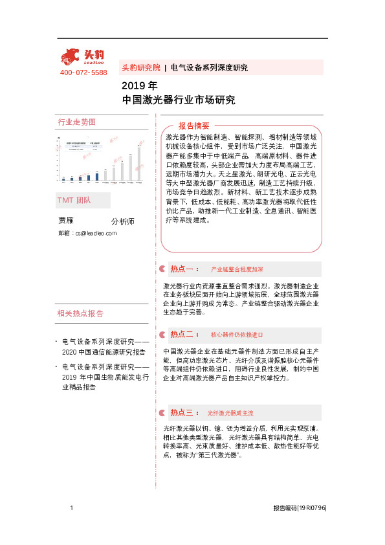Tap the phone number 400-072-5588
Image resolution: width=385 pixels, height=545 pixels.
83,72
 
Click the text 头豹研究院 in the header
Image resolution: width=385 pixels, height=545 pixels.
140,67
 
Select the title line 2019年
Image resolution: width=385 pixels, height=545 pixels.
139,86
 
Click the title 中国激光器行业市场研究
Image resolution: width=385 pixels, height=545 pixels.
178,100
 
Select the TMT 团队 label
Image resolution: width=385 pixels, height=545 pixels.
74,201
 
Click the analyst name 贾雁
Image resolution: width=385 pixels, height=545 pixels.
67,221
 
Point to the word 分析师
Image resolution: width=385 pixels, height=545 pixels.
123,221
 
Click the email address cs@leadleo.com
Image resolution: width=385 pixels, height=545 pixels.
87,232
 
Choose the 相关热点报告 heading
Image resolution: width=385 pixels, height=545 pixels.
80,314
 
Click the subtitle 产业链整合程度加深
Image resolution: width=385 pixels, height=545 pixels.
237,269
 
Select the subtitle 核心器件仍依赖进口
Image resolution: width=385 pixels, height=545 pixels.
237,335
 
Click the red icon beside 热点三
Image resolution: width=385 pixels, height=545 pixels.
161,412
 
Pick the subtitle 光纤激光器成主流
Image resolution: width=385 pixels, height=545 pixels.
230,413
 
